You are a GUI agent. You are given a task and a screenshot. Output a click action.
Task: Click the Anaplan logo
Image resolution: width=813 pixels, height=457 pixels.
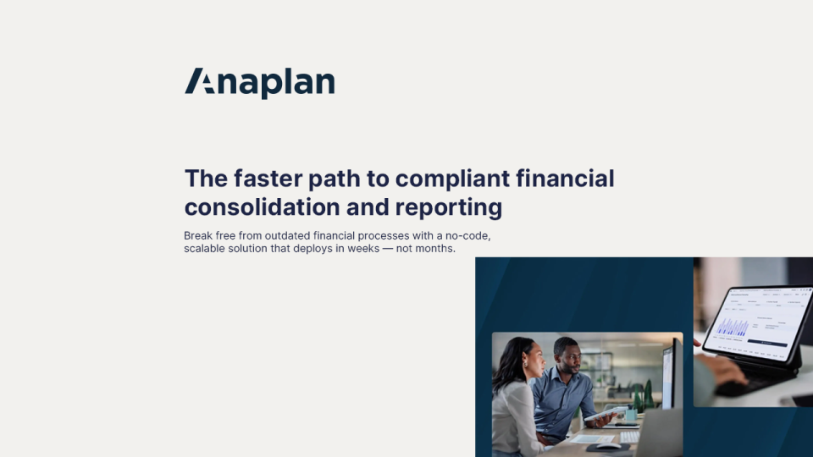click(260, 83)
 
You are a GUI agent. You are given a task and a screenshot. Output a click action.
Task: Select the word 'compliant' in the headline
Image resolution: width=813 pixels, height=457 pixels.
click(452, 179)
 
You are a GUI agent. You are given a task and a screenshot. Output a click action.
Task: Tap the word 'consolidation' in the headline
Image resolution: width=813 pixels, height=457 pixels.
click(261, 206)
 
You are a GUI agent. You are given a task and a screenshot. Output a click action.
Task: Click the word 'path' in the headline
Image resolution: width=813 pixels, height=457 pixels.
click(334, 179)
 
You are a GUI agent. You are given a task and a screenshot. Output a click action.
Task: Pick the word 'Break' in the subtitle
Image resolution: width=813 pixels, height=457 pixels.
click(198, 236)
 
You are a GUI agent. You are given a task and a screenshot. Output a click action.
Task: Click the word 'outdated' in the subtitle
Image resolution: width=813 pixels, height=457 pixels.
click(287, 236)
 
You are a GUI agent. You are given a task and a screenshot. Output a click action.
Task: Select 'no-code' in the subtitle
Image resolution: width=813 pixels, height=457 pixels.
click(467, 236)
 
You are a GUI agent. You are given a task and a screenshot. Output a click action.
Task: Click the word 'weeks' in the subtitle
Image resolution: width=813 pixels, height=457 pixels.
click(363, 249)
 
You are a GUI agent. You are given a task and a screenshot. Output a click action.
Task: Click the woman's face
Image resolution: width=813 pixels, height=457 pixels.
click(534, 359)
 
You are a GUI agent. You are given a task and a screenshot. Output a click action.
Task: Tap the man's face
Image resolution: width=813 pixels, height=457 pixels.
click(567, 357)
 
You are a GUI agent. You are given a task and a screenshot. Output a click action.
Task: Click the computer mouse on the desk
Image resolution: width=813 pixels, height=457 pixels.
click(608, 445)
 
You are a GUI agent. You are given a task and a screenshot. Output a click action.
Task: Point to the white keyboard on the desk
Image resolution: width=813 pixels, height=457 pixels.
click(629, 437)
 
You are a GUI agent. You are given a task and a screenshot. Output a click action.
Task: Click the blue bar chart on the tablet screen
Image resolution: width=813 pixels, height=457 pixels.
click(732, 327)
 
